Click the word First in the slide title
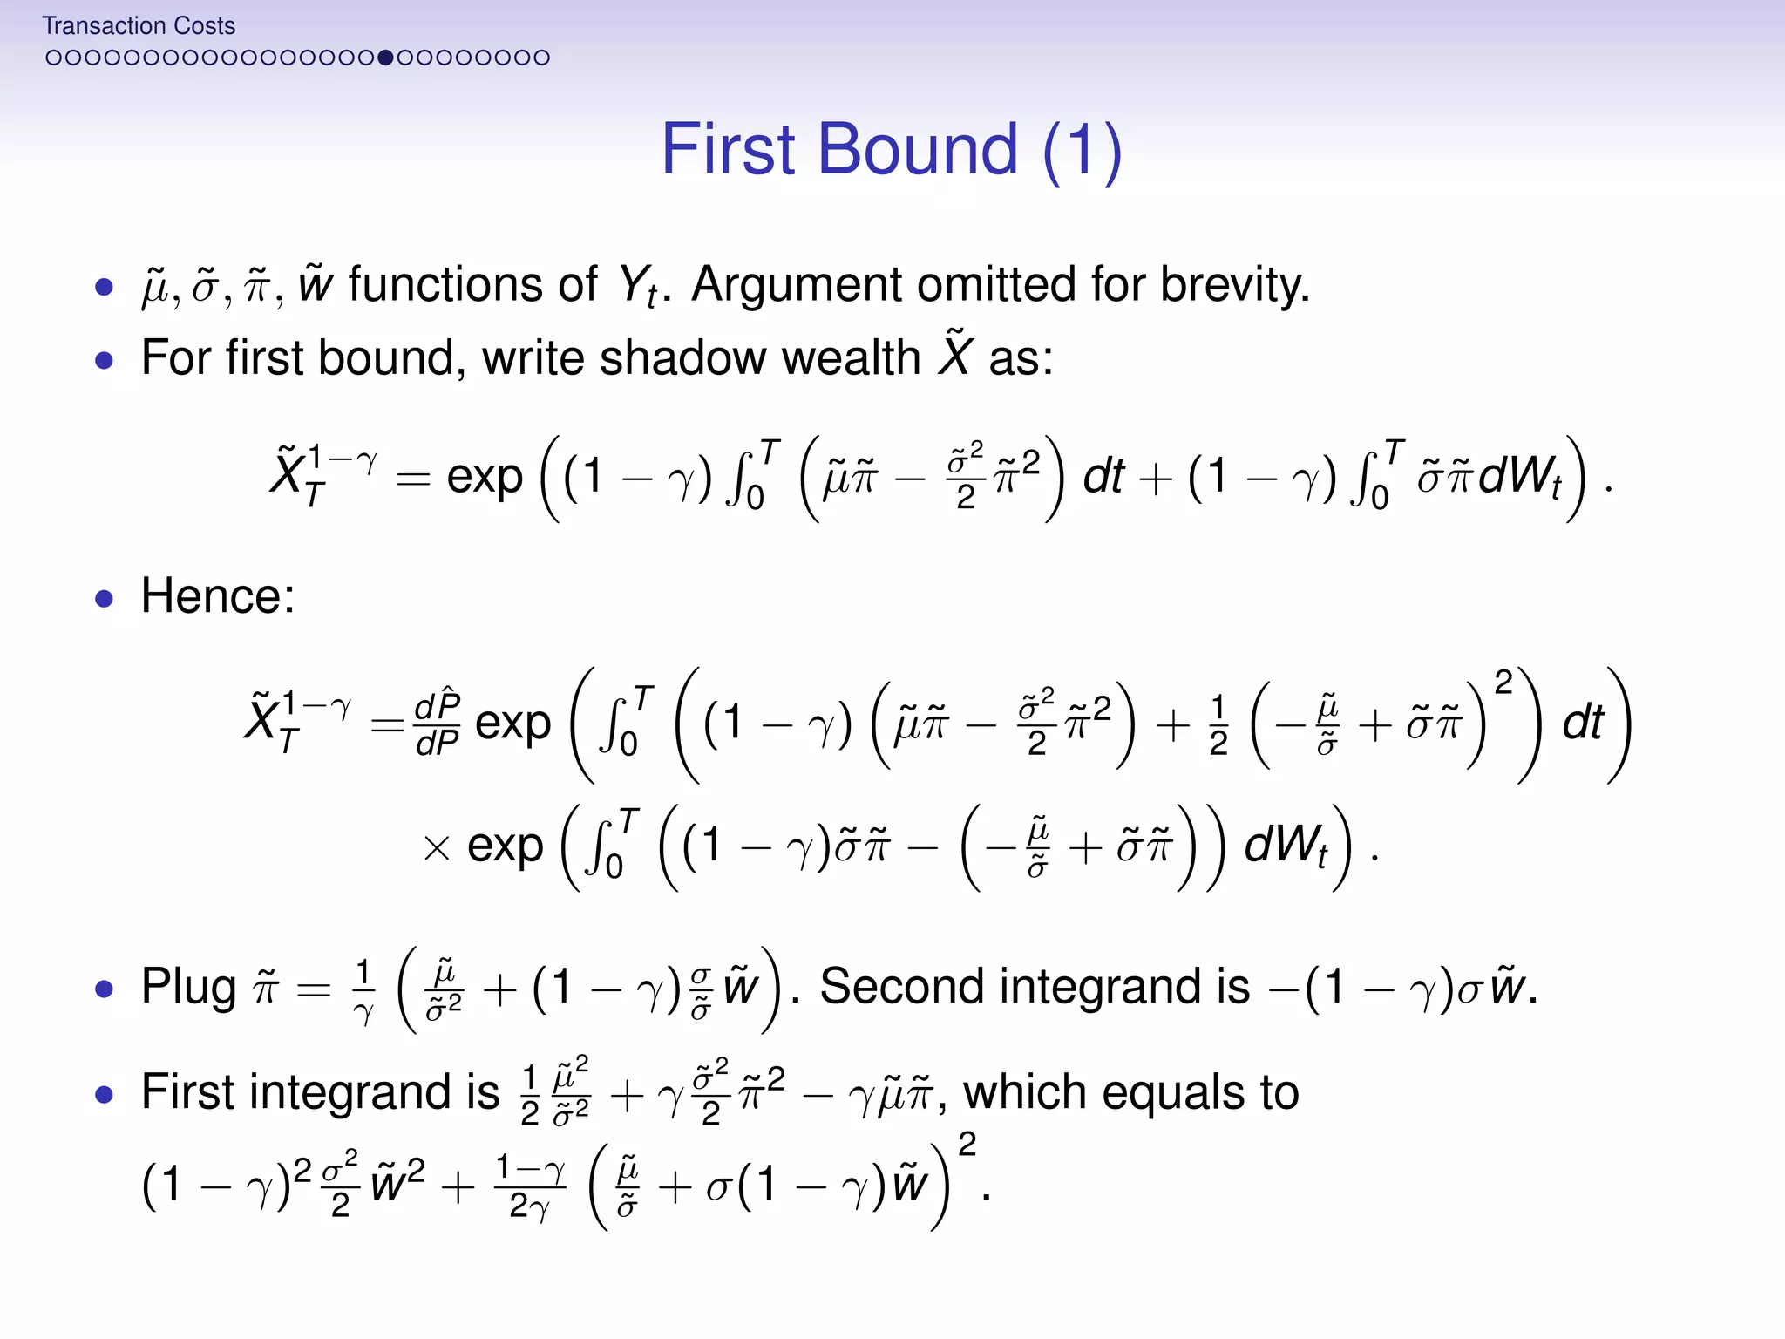pyautogui.click(x=730, y=149)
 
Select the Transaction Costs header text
pyautogui.click(x=139, y=26)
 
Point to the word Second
pyautogui.click(x=901, y=988)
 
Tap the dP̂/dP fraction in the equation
pyautogui.click(x=437, y=724)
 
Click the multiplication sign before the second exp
pyautogui.click(x=436, y=847)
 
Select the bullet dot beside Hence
pyautogui.click(x=105, y=599)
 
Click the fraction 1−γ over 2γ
pyautogui.click(x=530, y=1186)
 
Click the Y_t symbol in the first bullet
pyautogui.click(x=637, y=287)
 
